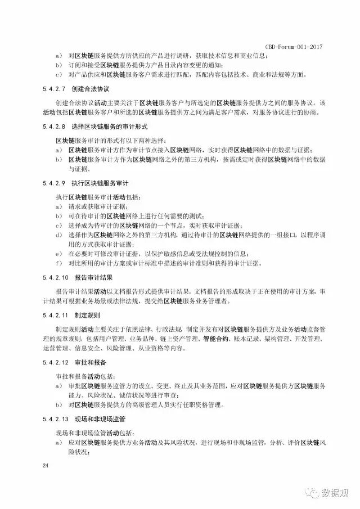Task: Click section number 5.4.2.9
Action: tap(55, 183)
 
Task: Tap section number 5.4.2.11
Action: tap(56, 316)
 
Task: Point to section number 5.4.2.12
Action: tap(56, 362)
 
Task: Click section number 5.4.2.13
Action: tap(56, 419)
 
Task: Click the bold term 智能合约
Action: tap(215, 339)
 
